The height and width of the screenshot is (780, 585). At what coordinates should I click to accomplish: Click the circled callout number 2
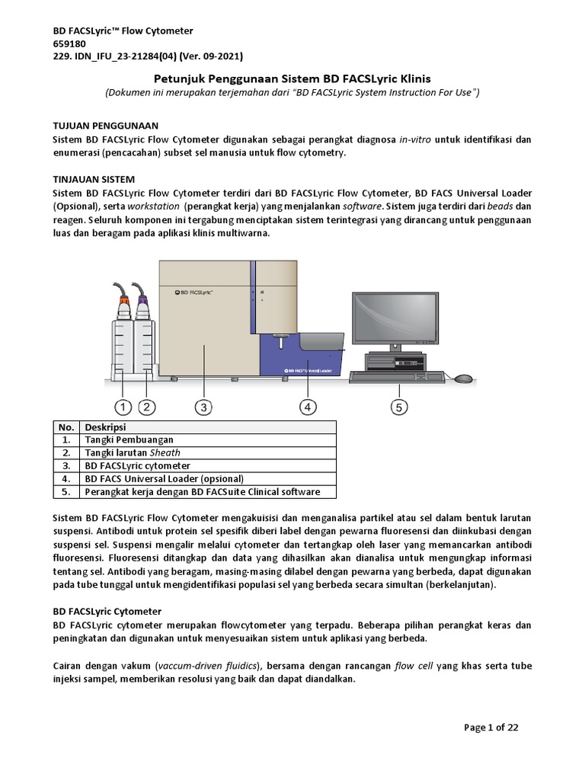[x=147, y=407]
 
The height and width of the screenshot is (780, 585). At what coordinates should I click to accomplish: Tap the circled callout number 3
[x=203, y=407]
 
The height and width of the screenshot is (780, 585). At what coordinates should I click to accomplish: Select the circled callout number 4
[x=308, y=407]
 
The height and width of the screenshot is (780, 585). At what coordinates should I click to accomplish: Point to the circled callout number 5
[x=399, y=407]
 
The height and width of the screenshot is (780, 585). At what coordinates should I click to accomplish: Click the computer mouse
[x=463, y=378]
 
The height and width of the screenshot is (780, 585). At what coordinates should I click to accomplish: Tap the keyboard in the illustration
[x=396, y=376]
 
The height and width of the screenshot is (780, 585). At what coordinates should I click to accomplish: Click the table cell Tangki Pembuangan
[x=129, y=440]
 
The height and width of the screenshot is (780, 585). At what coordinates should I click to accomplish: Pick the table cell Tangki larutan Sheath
[x=133, y=452]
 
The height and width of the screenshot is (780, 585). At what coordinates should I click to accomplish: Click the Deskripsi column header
[x=105, y=427]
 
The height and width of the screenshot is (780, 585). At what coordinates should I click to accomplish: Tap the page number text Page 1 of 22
[x=491, y=727]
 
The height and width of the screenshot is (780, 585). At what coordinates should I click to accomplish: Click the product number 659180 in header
[x=69, y=43]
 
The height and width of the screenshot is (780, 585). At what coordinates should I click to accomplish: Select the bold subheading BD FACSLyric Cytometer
[x=107, y=611]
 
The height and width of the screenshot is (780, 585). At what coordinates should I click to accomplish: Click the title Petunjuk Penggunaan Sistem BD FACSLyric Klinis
[x=292, y=78]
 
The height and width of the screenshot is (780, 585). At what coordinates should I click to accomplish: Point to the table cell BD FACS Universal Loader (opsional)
[x=164, y=478]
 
